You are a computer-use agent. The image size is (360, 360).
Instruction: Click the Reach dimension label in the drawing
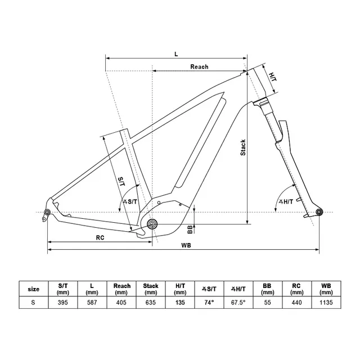click(199, 67)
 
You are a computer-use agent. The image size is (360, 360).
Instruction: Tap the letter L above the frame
click(176, 54)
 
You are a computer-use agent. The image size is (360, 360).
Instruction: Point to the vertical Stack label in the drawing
click(243, 147)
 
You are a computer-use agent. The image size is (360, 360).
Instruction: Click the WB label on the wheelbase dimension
click(186, 245)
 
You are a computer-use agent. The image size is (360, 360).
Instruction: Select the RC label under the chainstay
click(100, 237)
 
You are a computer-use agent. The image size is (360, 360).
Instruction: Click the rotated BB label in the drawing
click(190, 229)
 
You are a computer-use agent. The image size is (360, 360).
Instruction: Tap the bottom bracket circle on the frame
click(152, 224)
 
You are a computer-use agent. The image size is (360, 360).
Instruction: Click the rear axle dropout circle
click(47, 211)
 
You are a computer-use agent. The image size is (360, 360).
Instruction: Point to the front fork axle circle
click(319, 212)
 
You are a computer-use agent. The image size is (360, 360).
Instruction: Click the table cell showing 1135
click(326, 303)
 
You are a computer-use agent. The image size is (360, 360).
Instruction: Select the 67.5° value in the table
click(238, 303)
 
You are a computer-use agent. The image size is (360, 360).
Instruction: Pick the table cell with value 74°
click(209, 303)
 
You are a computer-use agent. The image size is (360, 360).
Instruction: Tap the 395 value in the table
click(62, 303)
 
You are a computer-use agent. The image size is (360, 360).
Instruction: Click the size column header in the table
click(34, 289)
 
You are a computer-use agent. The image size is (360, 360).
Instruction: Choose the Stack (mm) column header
click(151, 289)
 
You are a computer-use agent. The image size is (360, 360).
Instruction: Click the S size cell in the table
click(33, 303)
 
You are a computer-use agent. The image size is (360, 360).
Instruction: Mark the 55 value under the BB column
click(268, 303)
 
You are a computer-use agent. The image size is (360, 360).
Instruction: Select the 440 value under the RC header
click(296, 303)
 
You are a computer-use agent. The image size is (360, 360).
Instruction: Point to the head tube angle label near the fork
click(286, 202)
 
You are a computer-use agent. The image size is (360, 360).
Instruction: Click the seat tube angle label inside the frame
click(130, 202)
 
